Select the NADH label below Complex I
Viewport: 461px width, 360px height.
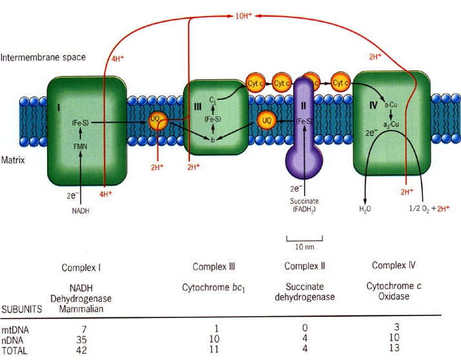79,211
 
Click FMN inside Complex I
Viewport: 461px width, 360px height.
79,146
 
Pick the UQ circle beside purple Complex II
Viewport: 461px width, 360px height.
267,120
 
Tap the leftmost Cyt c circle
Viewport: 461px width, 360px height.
255,83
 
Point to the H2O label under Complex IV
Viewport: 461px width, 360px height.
365,209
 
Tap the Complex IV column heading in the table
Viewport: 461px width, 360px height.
394,266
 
